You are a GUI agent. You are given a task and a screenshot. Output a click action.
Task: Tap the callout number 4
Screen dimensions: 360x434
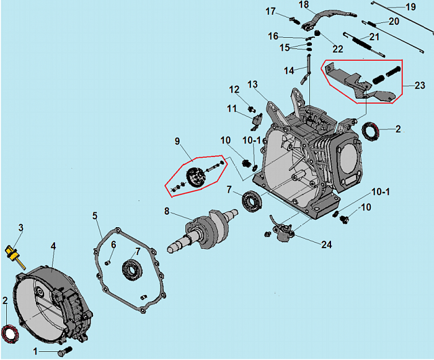point(53,246)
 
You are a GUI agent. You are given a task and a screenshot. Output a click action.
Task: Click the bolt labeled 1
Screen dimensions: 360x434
point(62,352)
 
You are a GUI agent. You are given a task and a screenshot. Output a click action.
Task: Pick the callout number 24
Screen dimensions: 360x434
point(327,245)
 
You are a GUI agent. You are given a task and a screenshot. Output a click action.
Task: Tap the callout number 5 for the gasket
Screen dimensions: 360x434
point(95,216)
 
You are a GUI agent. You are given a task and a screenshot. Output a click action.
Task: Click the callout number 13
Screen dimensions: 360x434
point(252,84)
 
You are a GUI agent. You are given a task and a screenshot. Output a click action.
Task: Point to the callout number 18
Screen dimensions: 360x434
point(303,5)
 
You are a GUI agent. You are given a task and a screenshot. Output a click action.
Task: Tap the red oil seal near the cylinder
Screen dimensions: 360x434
point(371,132)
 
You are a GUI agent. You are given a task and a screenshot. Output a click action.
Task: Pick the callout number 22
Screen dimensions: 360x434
point(338,49)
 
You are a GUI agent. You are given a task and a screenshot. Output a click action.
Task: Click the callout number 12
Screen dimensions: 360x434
point(234,89)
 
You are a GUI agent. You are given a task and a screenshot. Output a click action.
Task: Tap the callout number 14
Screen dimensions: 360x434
point(289,71)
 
